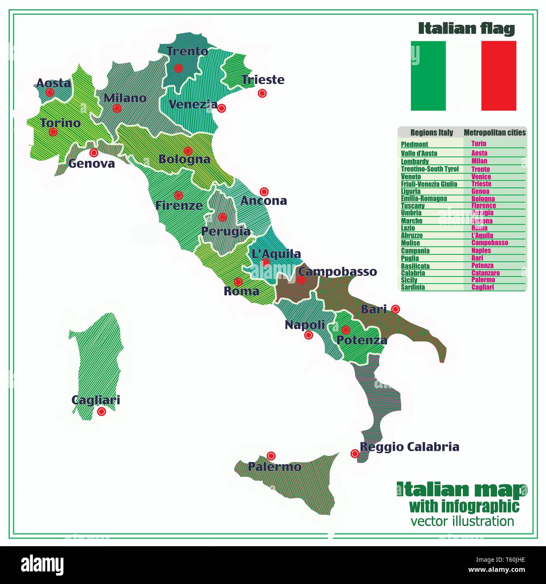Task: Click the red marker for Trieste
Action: pos(262,93)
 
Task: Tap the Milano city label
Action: pos(125,98)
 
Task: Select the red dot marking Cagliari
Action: pos(101,411)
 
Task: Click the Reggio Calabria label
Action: pos(409,447)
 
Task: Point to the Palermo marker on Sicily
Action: pos(271,455)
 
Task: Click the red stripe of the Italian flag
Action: pos(499,76)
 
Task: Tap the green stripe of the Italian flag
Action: pos(428,76)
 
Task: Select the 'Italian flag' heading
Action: pos(466,29)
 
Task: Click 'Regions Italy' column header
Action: pos(431,133)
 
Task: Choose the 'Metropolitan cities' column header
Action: pos(494,133)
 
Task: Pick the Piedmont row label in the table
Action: pos(414,145)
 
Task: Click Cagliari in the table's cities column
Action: pos(483,287)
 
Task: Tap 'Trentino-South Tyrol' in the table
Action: pos(430,169)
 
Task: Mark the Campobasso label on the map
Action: pos(337,271)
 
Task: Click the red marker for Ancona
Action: pos(264,192)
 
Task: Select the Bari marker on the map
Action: pos(395,309)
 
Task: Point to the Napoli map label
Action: pos(304,325)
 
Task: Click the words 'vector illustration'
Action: pos(462,521)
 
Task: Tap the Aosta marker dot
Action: pos(50,92)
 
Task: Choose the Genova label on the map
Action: pos(91,163)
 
